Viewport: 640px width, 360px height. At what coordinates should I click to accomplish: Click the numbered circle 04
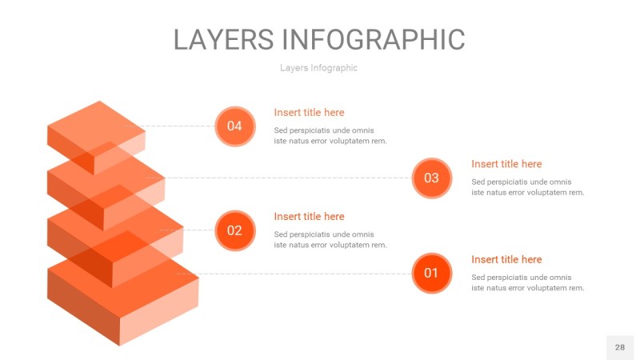pos(234,126)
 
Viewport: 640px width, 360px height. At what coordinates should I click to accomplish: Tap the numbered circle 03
pos(431,178)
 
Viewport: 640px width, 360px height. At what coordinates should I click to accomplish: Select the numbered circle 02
pos(234,230)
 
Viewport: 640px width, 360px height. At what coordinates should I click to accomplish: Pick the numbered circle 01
pos(431,273)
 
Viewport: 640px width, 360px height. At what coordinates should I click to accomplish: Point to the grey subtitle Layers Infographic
pos(318,68)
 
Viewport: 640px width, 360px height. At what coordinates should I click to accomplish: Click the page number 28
pos(619,347)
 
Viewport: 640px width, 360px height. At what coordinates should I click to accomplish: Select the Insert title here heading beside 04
pos(309,113)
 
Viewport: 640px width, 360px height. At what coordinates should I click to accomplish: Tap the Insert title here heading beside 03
pos(506,164)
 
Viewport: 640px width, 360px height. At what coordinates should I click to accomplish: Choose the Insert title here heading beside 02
pos(309,217)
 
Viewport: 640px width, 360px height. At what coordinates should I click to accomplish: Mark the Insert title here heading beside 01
pos(506,259)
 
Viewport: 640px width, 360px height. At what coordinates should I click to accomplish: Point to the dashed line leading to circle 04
pos(180,126)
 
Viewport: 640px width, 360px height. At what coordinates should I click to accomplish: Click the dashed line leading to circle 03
pos(288,178)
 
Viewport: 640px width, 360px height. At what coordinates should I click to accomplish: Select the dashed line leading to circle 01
pos(304,274)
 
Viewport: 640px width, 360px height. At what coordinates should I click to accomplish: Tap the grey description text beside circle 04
pos(330,136)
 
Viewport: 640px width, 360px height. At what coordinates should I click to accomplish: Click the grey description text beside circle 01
pos(527,282)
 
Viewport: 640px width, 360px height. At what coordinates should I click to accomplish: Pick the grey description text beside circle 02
pos(330,240)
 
